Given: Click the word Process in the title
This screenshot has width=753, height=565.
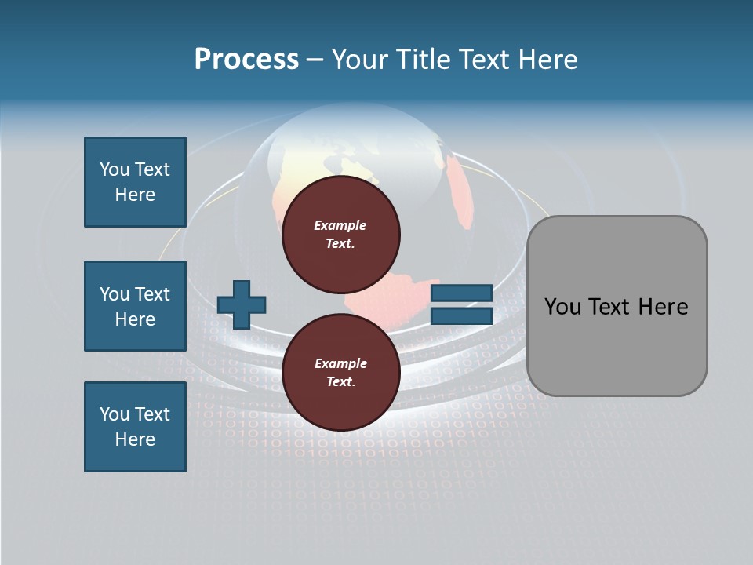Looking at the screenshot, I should (246, 59).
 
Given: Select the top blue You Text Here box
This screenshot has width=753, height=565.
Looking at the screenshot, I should (135, 182).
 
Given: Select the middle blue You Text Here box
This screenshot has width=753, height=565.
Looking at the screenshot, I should (135, 306).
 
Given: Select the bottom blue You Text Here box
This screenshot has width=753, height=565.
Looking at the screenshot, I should (135, 427).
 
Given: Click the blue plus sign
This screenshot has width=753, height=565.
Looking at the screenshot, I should (242, 304).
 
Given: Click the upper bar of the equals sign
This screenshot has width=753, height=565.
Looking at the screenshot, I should (461, 293).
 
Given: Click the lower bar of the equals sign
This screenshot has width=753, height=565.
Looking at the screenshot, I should (461, 315).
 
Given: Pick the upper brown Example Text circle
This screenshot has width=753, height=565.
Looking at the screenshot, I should (340, 234).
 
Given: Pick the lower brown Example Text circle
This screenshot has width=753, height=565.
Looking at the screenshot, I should (340, 372).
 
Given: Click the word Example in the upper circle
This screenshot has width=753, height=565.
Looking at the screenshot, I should (340, 225).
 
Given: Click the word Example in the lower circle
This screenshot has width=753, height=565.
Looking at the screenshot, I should (340, 363).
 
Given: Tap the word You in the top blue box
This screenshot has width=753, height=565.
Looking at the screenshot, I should (114, 169).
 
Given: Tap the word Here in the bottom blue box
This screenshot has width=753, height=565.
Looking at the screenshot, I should (135, 439).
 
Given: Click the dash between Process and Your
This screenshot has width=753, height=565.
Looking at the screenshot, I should (315, 60).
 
